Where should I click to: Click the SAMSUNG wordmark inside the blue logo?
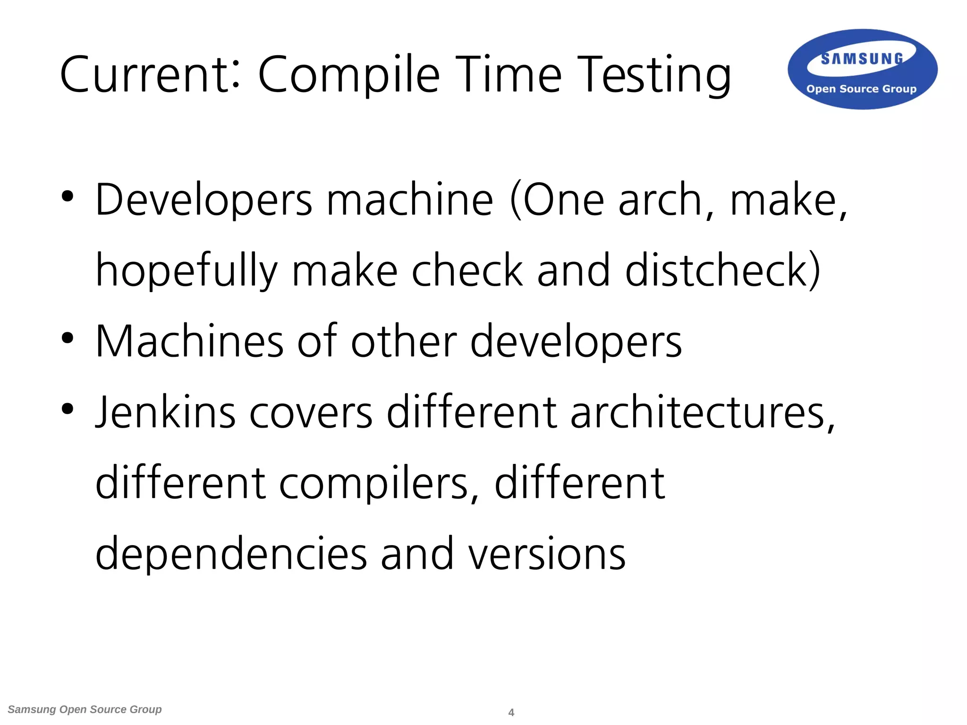click(x=862, y=59)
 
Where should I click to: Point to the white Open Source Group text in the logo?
click(x=861, y=89)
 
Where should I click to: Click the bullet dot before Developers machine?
click(x=68, y=197)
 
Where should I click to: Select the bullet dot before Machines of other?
click(x=68, y=338)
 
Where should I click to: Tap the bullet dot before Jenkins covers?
click(x=68, y=409)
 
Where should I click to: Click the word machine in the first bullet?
click(x=410, y=200)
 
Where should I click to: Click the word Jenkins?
click(x=165, y=412)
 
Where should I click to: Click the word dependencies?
click(x=231, y=554)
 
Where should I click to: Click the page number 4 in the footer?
click(x=511, y=712)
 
